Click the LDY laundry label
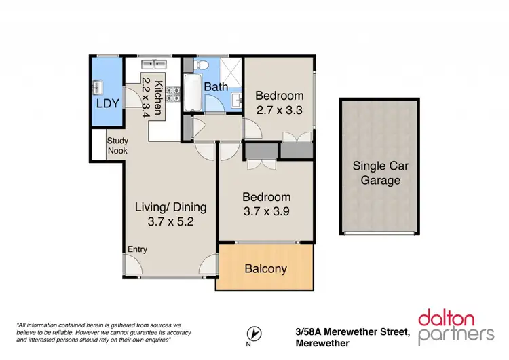click(107, 104)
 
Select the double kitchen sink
click(153, 65)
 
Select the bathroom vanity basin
click(235, 101)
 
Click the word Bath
click(216, 86)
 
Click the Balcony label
click(265, 269)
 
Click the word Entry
click(137, 249)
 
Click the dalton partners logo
click(455, 325)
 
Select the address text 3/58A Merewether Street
click(352, 331)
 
